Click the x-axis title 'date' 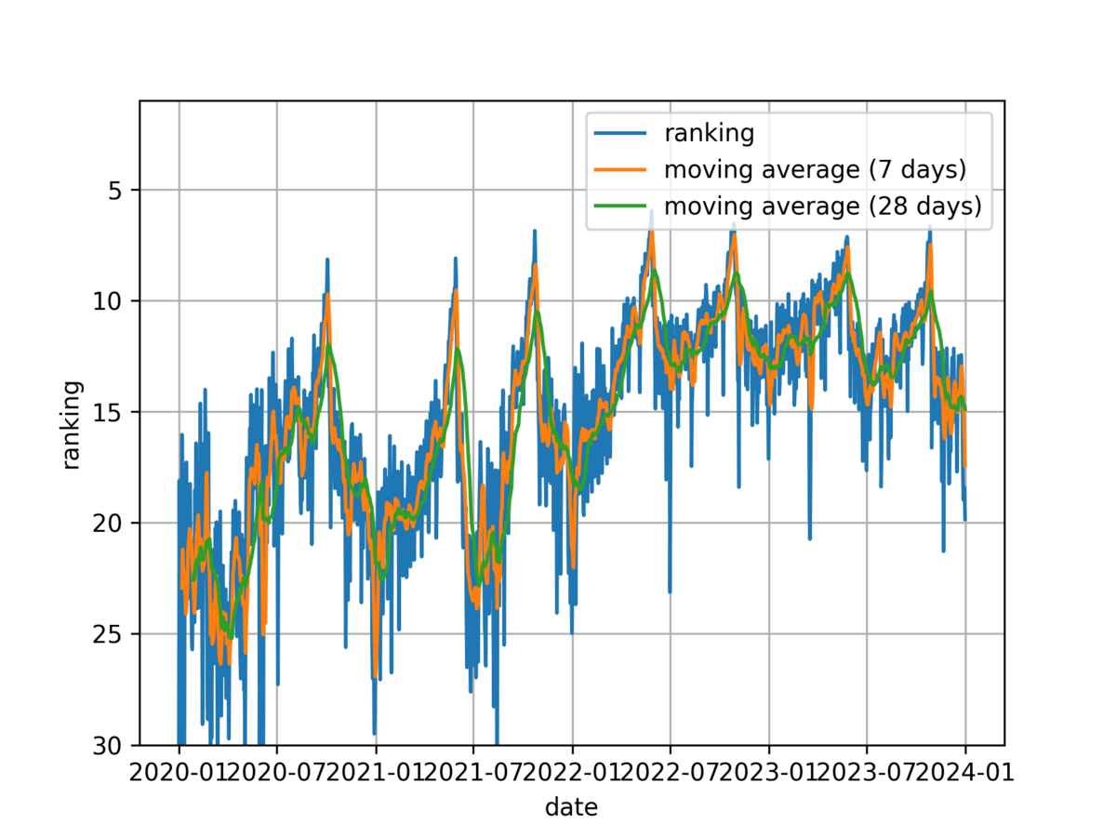(571, 806)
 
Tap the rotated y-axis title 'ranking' (71, 425)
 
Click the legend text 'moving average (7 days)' (815, 170)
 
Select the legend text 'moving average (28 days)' (822, 206)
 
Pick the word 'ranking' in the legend (708, 134)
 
